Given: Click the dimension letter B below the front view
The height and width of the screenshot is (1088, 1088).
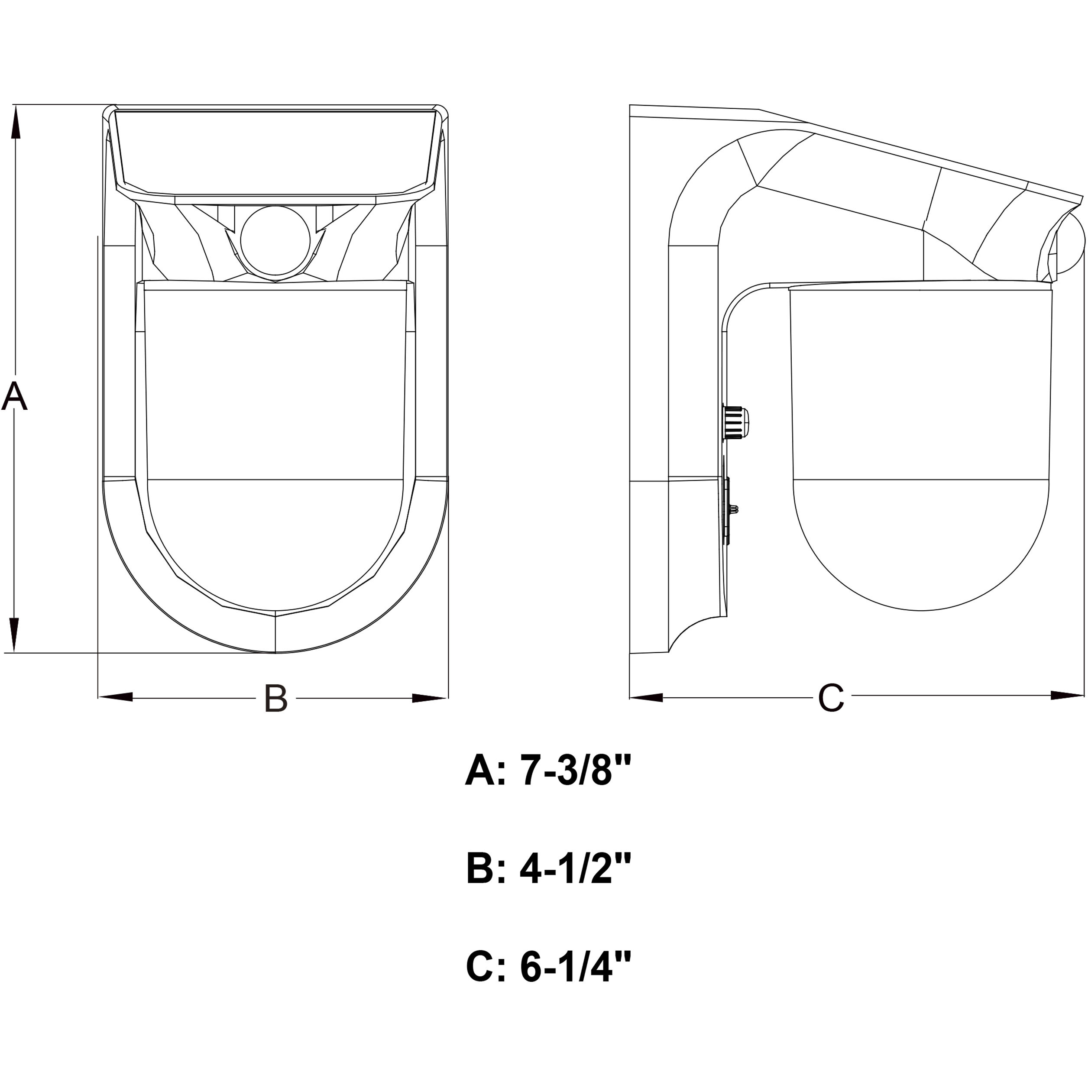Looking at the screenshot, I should [x=276, y=699].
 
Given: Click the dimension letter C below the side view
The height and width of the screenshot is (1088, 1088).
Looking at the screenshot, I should [x=831, y=698].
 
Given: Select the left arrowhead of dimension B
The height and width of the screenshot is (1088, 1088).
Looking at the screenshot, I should [x=116, y=698].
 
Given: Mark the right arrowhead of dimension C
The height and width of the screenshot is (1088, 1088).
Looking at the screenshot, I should [x=1067, y=696].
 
